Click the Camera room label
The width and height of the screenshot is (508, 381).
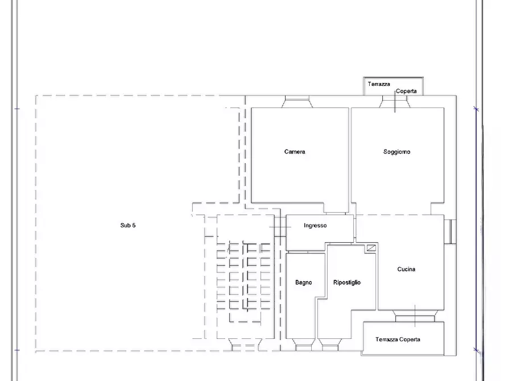tap(295, 152)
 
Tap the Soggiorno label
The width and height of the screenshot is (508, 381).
tap(397, 152)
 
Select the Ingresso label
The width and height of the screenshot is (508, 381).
tap(315, 226)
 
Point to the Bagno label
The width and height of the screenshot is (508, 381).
tap(304, 283)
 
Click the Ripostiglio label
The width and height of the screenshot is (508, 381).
tap(346, 283)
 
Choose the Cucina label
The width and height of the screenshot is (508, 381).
tap(406, 269)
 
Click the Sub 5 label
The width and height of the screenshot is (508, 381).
tap(128, 225)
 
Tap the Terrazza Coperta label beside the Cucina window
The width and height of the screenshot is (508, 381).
tap(398, 339)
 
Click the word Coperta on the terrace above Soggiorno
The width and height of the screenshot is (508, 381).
tap(406, 92)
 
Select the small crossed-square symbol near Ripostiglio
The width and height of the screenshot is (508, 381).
tap(371, 248)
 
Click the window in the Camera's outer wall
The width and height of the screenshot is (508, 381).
tap(297, 102)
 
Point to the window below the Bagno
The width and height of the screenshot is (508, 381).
tap(304, 345)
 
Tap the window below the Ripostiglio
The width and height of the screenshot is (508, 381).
tap(330, 345)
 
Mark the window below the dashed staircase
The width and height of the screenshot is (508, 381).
tap(246, 345)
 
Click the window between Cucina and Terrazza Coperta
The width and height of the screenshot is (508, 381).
tap(415, 316)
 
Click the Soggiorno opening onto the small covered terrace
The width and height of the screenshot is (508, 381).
tap(395, 102)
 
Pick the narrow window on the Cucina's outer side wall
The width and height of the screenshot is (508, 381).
tap(451, 231)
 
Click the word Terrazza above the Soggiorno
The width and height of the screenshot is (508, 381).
tap(379, 84)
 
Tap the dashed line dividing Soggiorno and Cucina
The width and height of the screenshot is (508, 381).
tap(393, 214)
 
